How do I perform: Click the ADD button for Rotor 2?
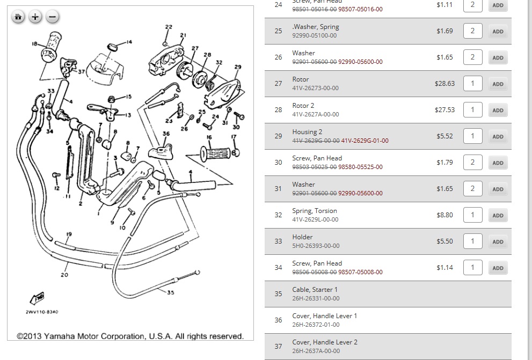498,110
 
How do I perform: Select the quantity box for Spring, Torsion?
472,215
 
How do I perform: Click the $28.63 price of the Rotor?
444,84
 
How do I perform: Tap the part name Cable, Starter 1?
315,290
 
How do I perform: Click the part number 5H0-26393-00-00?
316,246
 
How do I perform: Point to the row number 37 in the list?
278,346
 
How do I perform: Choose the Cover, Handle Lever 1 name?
324,316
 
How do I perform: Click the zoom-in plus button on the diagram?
35,17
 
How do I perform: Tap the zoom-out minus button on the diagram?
52,17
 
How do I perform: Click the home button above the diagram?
18,17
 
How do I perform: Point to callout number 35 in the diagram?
171,292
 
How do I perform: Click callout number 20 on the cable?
64,275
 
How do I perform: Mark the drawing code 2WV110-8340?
41,312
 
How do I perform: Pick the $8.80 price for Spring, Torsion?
444,215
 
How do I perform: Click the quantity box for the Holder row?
472,241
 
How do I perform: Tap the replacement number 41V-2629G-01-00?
365,141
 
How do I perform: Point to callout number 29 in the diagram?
238,67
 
